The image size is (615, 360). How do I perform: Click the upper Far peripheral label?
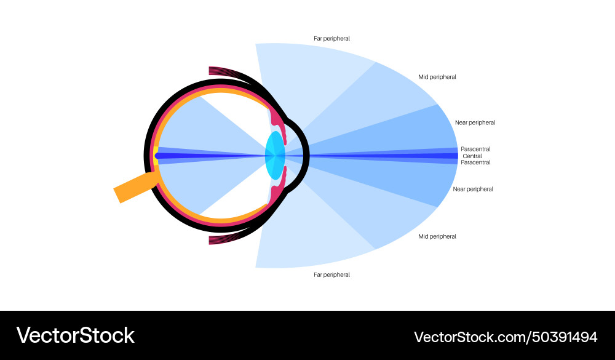[331, 39]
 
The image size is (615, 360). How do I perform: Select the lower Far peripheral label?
[331, 275]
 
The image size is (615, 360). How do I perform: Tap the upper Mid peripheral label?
[437, 77]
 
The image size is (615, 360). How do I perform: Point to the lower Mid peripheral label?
[437, 236]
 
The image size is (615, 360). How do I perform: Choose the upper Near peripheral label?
[475, 122]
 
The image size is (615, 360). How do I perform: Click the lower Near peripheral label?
[473, 189]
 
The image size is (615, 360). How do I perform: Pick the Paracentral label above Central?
[475, 149]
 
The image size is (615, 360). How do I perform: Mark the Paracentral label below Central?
[475, 162]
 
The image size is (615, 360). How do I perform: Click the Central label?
[472, 156]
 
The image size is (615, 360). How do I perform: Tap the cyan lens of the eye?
[275, 156]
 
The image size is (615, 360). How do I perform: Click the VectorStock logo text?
[75, 335]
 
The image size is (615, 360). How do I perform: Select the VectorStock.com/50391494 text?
[506, 337]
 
